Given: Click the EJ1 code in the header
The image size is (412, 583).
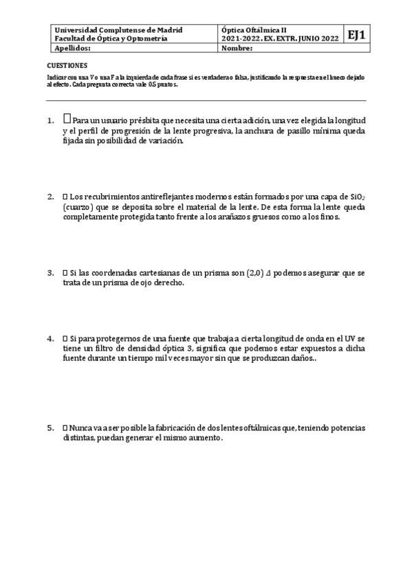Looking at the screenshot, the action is point(356,35).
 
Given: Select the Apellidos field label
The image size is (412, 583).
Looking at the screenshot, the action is point(72,49).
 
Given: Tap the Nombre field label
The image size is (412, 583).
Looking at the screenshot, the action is point(239,49).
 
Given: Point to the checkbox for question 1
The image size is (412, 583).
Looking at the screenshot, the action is point(67,119).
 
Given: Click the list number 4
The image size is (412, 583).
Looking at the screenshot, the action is point(50,338).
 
